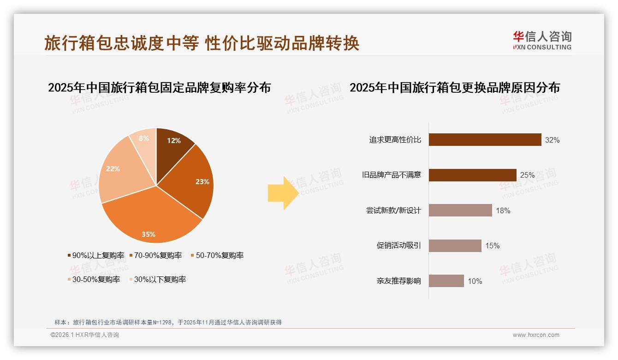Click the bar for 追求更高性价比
pos(485,140)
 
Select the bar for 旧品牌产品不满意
pos(472,175)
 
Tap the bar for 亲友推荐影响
pos(446,281)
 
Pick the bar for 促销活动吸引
pos(455,246)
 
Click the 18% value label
pos(503,210)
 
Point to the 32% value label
pos(552,140)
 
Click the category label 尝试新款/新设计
pos(393,210)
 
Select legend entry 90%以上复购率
pos(95,255)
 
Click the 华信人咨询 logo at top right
pos(542,40)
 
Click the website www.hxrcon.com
pos(536,335)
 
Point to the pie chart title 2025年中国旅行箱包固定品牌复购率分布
pos(159,88)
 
